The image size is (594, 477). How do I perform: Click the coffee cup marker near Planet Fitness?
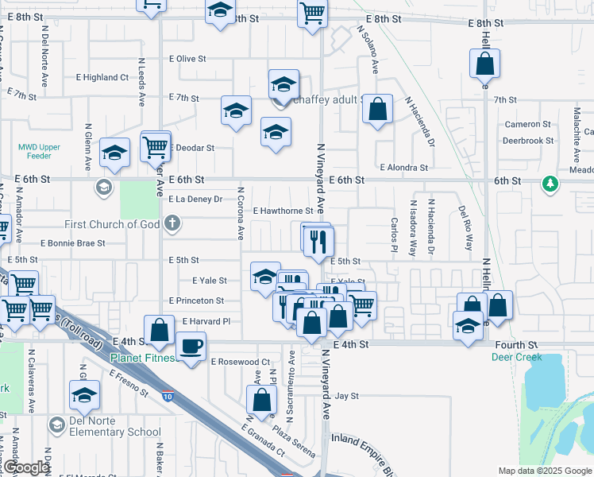coord(191,347)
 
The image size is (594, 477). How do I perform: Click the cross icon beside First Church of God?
coord(172,224)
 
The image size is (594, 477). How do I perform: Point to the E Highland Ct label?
coord(105,77)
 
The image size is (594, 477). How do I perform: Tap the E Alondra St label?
coord(403,168)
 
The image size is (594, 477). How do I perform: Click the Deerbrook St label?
coord(527,141)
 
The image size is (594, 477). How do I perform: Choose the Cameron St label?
coord(527,124)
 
